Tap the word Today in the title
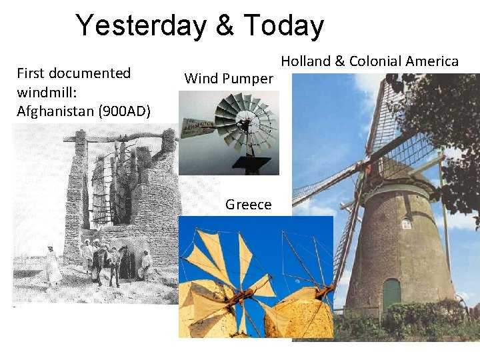284,26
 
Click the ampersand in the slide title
225,26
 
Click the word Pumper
247,79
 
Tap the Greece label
248,205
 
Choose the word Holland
306,61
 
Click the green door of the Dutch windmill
391,294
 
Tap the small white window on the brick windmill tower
406,225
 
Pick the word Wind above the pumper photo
201,79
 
